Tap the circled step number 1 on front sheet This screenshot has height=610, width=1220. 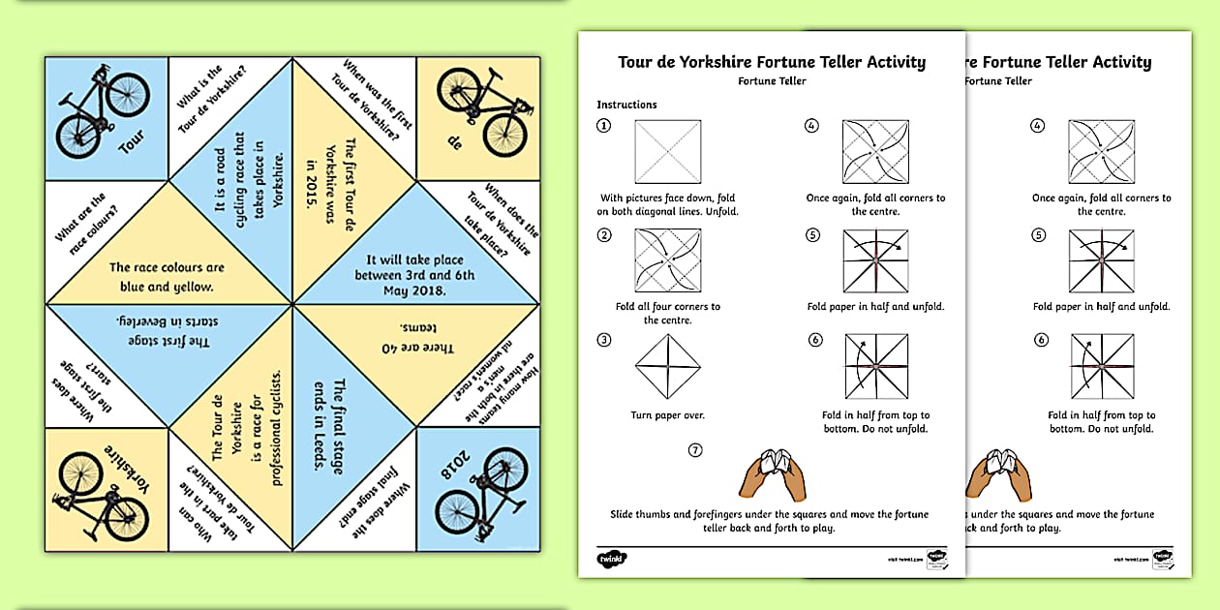point(604,126)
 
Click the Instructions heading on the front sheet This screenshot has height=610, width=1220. point(626,105)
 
